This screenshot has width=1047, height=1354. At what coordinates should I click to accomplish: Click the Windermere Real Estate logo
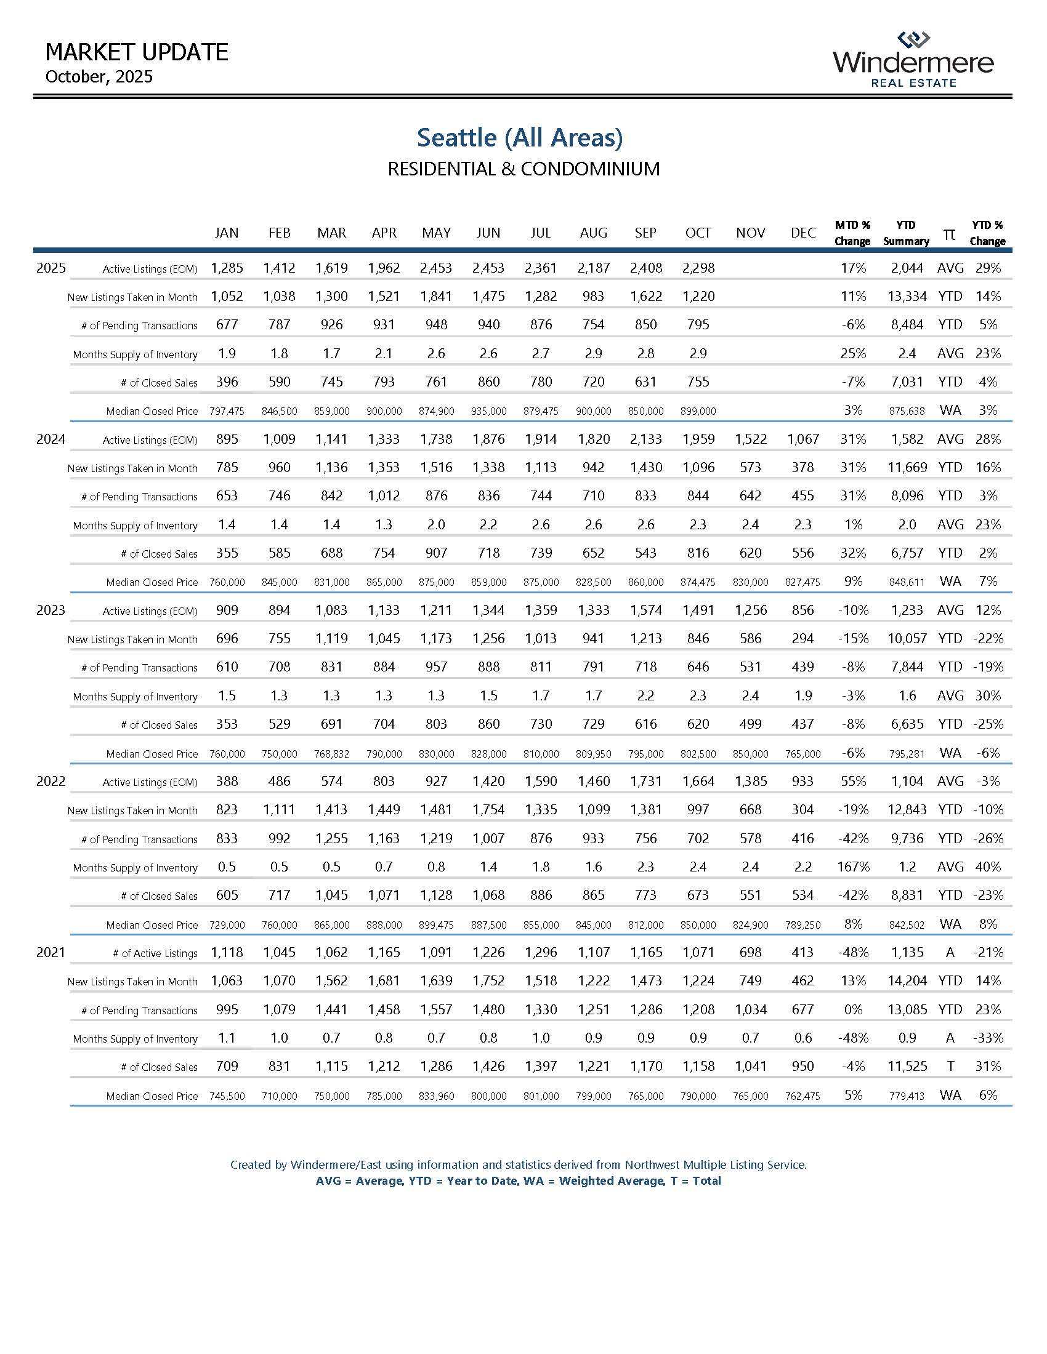click(x=913, y=60)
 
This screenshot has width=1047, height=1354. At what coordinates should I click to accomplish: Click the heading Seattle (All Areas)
click(x=519, y=138)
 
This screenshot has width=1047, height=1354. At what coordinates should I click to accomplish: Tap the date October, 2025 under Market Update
click(x=99, y=77)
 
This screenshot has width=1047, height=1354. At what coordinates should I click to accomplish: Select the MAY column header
click(x=436, y=233)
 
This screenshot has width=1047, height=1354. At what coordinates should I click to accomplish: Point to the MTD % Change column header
click(x=852, y=233)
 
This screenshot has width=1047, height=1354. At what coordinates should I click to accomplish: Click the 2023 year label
click(x=51, y=610)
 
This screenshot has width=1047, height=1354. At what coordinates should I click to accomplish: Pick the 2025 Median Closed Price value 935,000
click(x=489, y=411)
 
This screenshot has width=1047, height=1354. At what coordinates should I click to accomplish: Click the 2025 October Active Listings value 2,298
click(x=698, y=268)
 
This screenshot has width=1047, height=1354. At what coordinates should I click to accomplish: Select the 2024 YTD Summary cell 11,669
click(x=907, y=468)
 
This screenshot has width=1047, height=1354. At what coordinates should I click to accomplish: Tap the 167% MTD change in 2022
click(x=853, y=867)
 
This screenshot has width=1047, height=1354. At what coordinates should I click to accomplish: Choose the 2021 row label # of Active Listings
click(x=155, y=953)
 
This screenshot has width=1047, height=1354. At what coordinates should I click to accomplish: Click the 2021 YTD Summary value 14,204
click(x=907, y=981)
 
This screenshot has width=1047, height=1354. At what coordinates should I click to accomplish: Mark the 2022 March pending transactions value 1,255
click(x=332, y=839)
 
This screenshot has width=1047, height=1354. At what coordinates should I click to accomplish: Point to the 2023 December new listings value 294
click(x=802, y=639)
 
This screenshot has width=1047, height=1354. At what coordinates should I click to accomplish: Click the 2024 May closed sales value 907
click(x=436, y=553)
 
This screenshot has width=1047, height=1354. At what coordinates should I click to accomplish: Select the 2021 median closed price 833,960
click(x=436, y=1096)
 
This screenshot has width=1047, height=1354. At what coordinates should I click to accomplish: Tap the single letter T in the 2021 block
click(x=950, y=1067)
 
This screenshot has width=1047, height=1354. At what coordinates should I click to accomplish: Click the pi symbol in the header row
click(x=949, y=234)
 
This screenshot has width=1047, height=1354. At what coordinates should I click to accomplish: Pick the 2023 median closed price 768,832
click(x=332, y=754)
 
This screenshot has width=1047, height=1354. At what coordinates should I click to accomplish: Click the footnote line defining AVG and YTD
click(x=518, y=1181)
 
